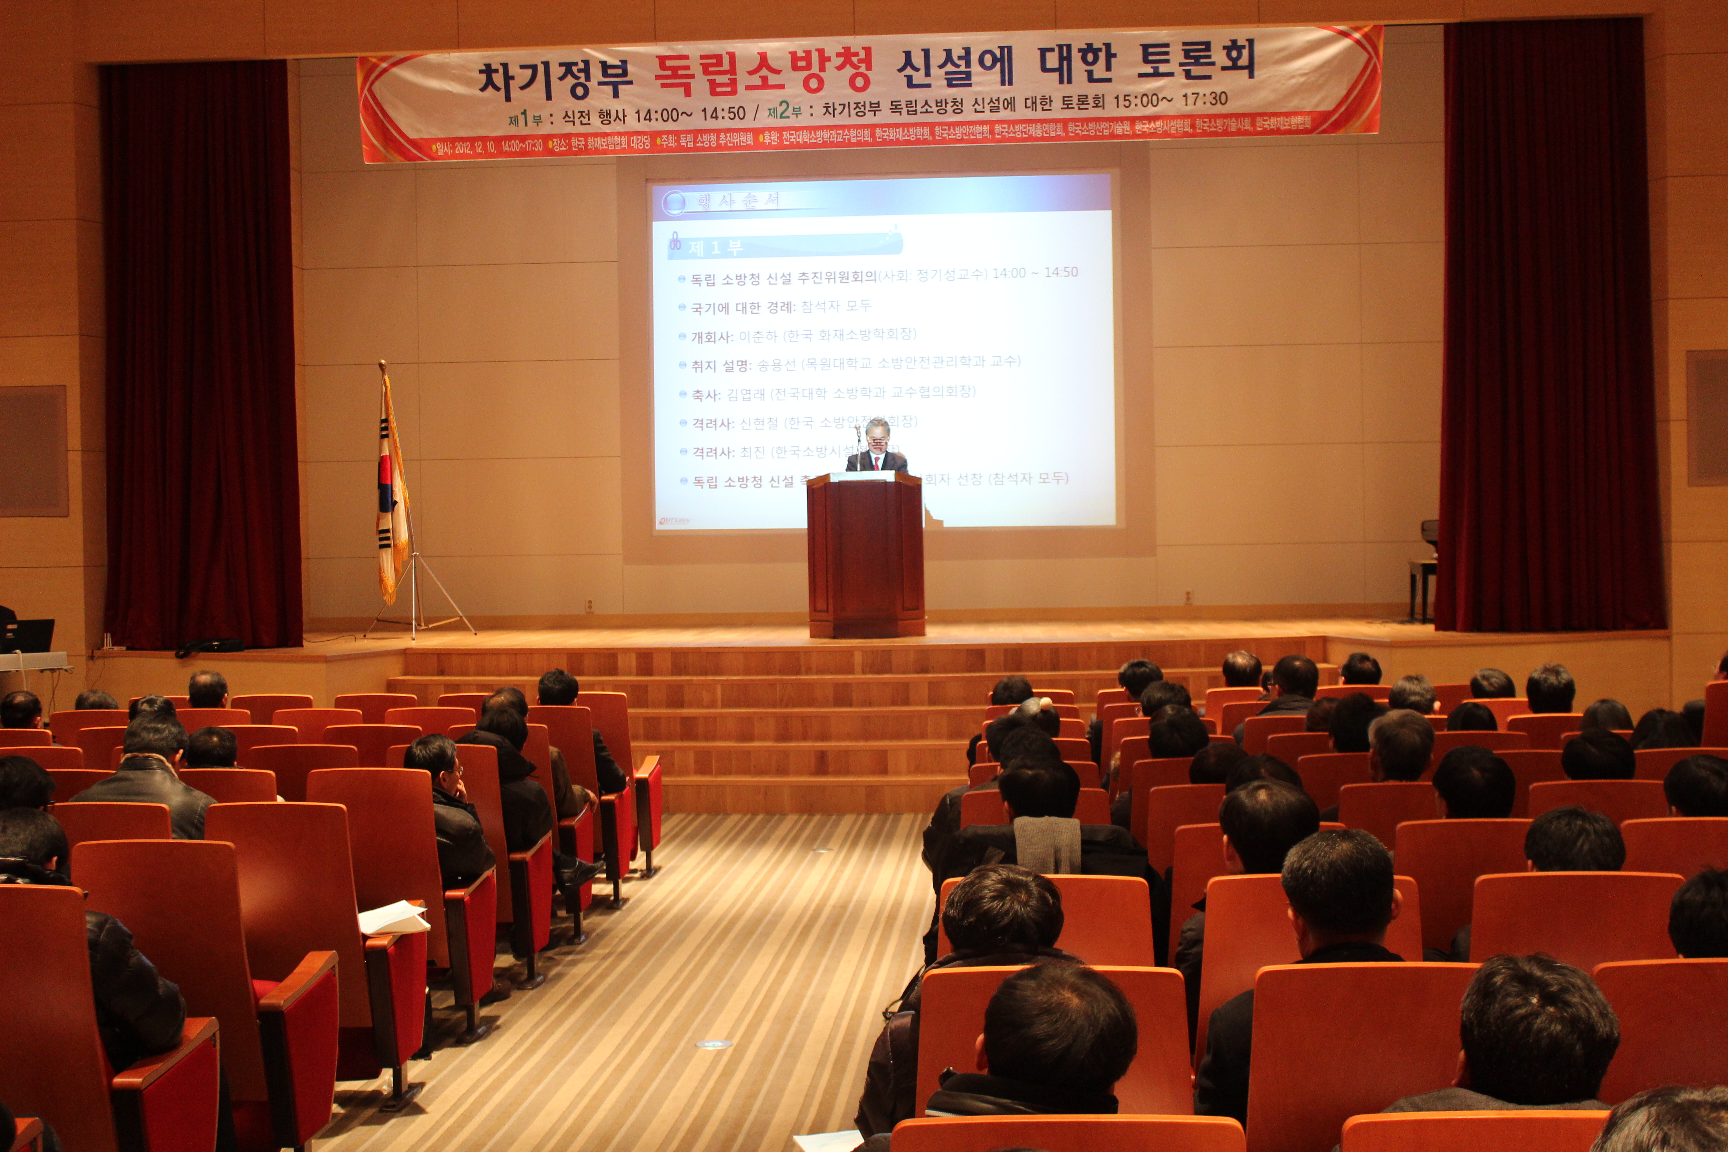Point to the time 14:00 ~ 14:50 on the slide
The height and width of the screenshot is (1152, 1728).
[x=1034, y=273]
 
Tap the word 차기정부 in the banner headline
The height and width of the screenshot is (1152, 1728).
[x=555, y=79]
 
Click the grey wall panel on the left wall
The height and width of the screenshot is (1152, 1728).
[x=33, y=450]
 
